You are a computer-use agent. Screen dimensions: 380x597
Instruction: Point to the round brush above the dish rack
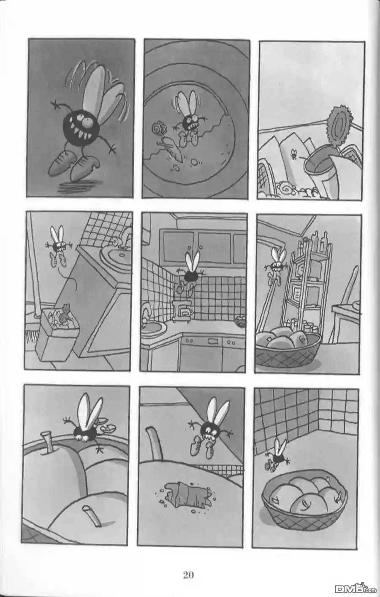pos(339,125)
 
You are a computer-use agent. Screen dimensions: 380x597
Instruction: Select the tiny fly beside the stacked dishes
pos(294,154)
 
